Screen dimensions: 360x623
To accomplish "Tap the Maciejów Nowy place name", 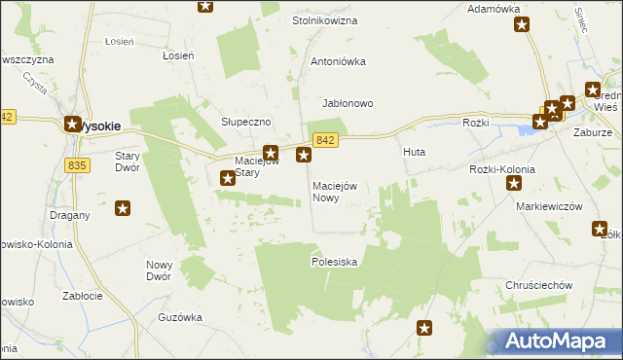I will pos(335,192).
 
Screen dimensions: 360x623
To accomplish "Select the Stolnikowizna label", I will pos(325,20).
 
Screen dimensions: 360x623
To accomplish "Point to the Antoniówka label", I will pos(338,61).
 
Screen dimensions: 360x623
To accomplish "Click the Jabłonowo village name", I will pos(348,103).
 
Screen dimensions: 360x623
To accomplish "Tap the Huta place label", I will pos(414,153).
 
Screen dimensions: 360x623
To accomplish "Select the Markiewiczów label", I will pos(549,206).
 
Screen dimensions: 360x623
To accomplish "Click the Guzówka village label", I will pos(180,317).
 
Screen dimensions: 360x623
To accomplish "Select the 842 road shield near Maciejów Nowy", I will pos(326,141).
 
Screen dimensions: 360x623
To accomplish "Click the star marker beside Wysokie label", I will pos(72,124).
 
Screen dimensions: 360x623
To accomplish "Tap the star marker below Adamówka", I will pos(523,26).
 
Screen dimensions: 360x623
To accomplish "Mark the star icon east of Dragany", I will pos(123,207).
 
